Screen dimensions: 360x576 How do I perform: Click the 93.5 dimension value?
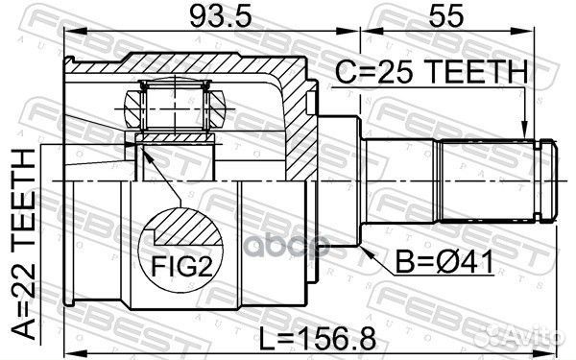[211, 17]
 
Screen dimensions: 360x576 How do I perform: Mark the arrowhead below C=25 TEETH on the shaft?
[522, 135]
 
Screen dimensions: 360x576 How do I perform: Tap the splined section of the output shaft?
[485, 179]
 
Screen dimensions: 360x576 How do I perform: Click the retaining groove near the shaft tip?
[544, 179]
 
